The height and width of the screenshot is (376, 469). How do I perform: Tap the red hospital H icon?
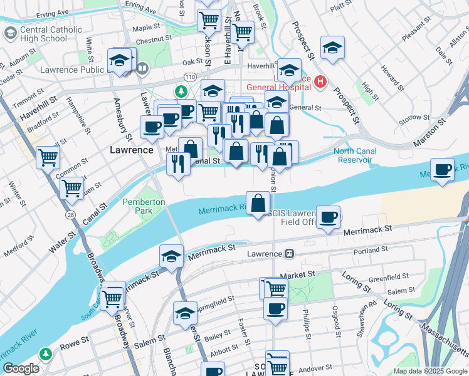[320, 81]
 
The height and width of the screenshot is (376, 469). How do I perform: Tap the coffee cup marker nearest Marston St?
[443, 170]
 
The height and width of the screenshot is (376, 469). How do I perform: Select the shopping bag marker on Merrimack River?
[258, 204]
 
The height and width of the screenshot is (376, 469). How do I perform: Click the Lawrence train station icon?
[289, 254]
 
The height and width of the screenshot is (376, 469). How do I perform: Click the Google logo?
[21, 368]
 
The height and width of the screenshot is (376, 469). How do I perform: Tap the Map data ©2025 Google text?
[430, 371]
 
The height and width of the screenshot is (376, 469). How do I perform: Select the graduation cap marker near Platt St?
[332, 47]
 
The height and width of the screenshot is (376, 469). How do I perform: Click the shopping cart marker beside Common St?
[48, 157]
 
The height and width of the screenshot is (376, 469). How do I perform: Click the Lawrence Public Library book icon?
[142, 68]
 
